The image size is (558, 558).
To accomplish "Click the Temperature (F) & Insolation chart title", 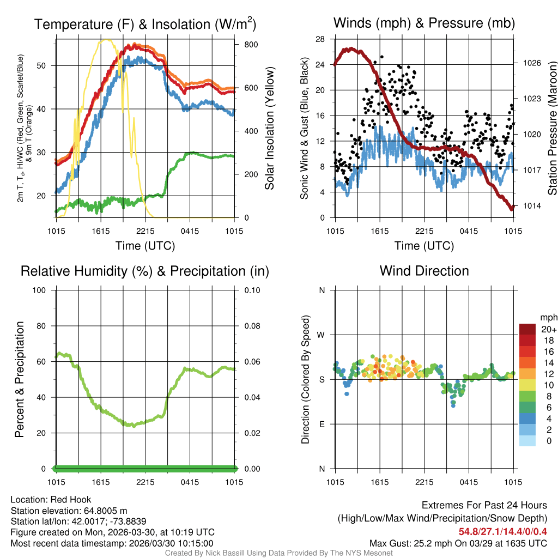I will click(145, 24).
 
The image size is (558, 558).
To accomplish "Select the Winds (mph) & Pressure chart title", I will click(424, 23).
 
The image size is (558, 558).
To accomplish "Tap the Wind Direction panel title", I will click(424, 271).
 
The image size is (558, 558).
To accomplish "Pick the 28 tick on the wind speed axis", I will click(320, 39).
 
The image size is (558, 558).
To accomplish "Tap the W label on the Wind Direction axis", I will click(322, 335).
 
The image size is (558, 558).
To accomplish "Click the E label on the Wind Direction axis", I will click(322, 424).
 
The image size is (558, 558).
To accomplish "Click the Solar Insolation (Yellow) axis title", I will click(270, 129).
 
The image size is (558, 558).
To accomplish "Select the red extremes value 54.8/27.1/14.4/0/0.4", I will click(502, 531).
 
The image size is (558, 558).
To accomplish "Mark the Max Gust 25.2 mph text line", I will click(458, 543).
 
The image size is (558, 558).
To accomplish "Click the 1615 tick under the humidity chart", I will click(101, 482).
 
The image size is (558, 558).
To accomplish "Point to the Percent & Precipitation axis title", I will click(19, 379).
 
